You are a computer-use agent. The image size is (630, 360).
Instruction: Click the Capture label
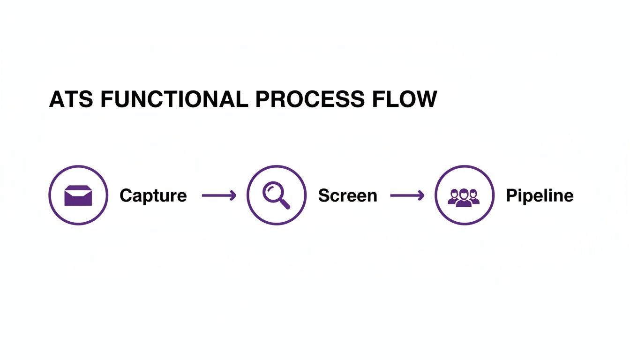coord(153,195)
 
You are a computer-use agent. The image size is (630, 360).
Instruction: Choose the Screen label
coord(347,195)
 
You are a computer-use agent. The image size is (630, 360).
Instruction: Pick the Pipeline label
coord(540,195)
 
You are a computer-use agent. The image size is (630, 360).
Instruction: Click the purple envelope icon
coord(78,195)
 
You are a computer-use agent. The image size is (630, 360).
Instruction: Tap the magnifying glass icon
coord(276,195)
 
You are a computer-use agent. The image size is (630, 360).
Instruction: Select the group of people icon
coord(464,197)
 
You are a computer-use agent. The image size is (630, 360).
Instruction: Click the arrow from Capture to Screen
coord(218,195)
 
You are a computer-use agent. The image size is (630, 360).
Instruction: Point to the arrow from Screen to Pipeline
coord(407,195)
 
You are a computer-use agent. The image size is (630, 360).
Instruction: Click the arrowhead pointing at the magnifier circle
coord(233,195)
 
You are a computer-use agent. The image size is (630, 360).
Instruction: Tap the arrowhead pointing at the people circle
coord(421,195)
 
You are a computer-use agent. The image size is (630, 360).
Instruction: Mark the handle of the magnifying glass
coord(284,203)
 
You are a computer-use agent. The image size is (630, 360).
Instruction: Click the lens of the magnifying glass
coord(272,191)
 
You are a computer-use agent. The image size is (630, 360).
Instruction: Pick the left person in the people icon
coord(454,197)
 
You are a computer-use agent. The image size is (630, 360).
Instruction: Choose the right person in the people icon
coord(474,197)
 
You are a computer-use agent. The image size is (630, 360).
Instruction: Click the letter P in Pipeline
coord(511,195)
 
